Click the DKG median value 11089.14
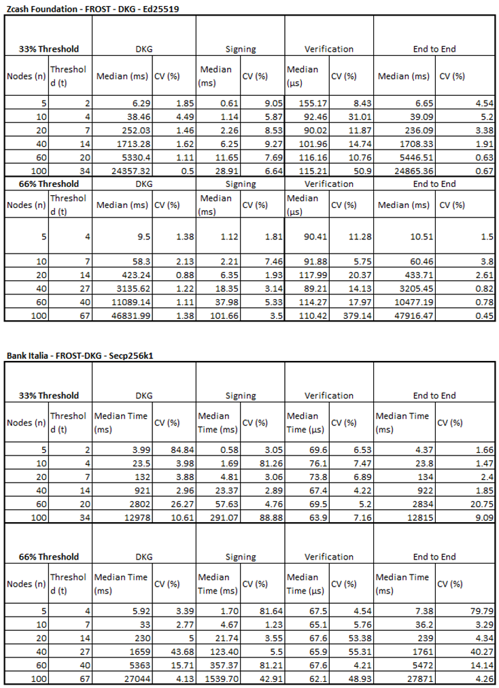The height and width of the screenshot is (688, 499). tap(126, 303)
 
